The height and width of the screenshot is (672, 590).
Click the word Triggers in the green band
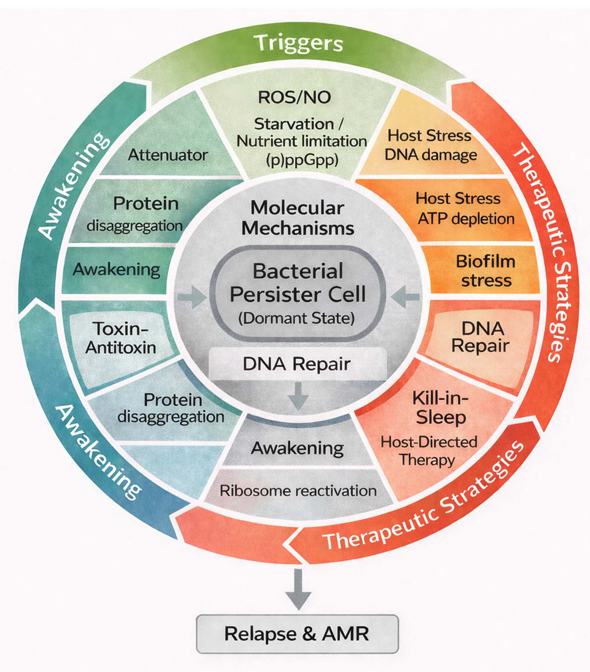[x=298, y=43]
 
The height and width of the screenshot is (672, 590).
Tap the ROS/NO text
[x=294, y=97]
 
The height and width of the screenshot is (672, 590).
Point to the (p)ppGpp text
[x=302, y=159]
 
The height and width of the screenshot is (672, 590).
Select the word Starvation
[x=294, y=123]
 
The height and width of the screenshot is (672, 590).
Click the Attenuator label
[x=168, y=155]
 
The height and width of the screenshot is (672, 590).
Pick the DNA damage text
[x=431, y=155]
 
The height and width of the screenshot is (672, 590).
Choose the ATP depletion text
[x=466, y=219]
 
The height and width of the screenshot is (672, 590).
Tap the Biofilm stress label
[x=486, y=271]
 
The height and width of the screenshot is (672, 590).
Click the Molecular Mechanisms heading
[x=297, y=218]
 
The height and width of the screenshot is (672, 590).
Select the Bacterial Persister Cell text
[x=297, y=283]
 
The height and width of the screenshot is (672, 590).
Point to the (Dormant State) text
[x=297, y=318]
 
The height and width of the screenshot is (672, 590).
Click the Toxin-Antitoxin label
[x=121, y=338]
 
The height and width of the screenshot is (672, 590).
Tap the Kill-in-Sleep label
[x=440, y=407]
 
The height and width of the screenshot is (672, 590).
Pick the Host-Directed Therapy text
[x=428, y=451]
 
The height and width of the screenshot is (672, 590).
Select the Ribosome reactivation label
[x=298, y=491]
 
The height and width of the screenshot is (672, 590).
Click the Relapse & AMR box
[x=297, y=634]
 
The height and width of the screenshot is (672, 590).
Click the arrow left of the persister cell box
[x=192, y=298]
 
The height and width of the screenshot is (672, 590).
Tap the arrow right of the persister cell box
[x=406, y=297]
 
